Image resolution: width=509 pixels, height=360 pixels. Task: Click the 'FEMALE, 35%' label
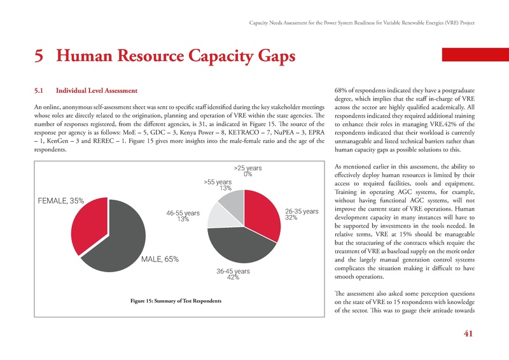click(x=61, y=200)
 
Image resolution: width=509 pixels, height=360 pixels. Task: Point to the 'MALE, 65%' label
click(x=160, y=260)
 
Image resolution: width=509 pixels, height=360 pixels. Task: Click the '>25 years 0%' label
click(x=248, y=171)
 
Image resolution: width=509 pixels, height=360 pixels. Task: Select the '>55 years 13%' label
click(x=218, y=185)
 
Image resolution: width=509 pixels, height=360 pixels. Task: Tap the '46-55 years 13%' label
click(x=183, y=216)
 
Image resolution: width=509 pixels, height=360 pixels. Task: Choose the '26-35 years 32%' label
click(x=302, y=214)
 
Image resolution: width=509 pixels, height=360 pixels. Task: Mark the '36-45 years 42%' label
click(x=233, y=274)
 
